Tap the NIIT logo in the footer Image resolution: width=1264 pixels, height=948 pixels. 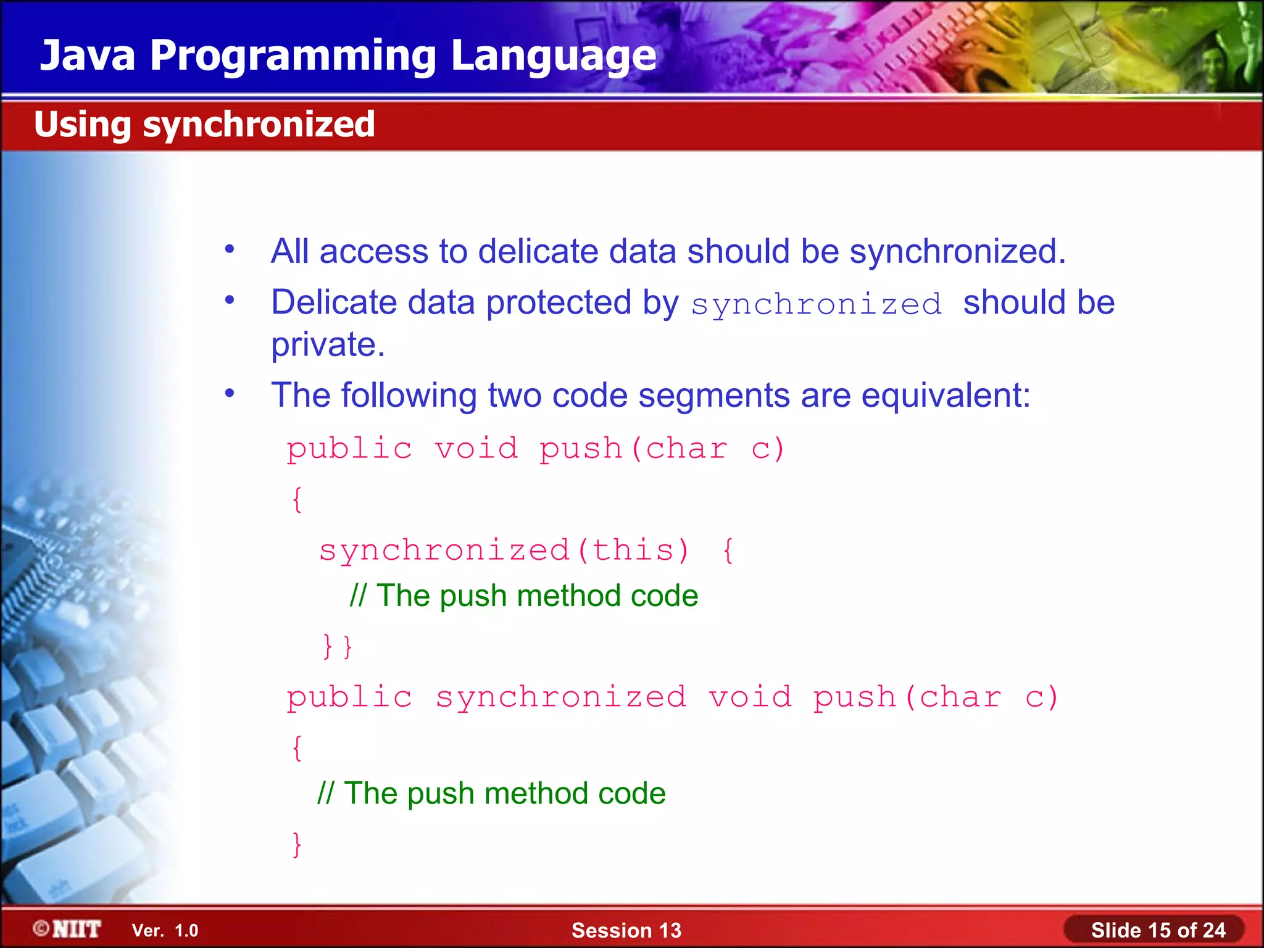67,929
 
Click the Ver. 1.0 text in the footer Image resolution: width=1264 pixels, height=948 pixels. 165,930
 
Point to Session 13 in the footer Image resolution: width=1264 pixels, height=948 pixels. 626,930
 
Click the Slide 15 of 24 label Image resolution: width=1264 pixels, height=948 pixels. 1158,930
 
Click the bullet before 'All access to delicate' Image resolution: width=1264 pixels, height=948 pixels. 230,249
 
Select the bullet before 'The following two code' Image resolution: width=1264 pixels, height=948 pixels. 230,393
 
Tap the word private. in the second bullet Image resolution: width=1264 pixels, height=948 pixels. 328,344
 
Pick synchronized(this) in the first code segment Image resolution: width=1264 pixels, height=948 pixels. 504,550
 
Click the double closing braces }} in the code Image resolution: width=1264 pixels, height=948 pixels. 337,646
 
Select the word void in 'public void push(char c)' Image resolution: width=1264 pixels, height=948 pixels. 476,449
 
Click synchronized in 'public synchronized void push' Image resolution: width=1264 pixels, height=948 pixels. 560,697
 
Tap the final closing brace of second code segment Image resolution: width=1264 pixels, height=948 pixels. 297,844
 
